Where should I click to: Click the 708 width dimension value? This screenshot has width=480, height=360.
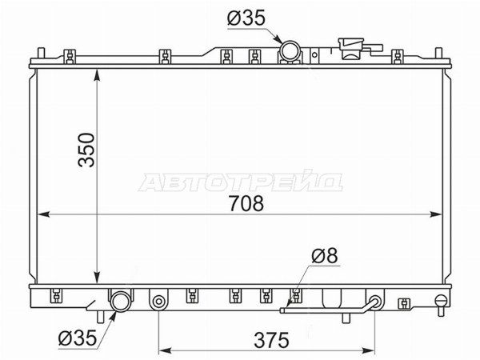coord(246,203)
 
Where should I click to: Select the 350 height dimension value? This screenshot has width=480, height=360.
coord(86,150)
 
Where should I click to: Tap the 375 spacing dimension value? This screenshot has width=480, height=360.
coord(271,340)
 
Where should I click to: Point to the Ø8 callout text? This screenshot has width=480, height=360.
coord(325,255)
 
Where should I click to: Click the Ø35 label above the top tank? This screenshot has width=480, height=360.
coord(246,18)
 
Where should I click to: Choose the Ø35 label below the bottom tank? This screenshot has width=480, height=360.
coord(78,338)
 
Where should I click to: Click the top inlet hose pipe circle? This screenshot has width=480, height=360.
coord(290,51)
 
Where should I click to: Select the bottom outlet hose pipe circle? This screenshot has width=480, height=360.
coord(121,302)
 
